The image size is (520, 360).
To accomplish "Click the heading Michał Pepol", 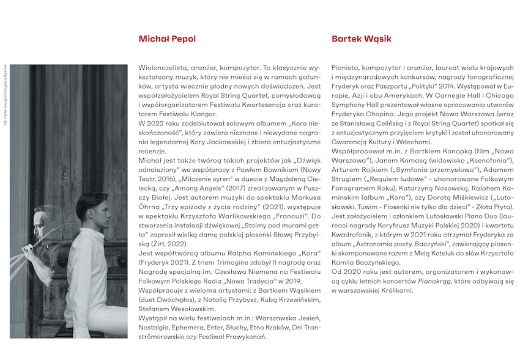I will tap(167, 39).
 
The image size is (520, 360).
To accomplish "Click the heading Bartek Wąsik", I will tap(362, 39).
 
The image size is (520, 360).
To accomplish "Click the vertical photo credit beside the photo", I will tap(5, 85).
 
